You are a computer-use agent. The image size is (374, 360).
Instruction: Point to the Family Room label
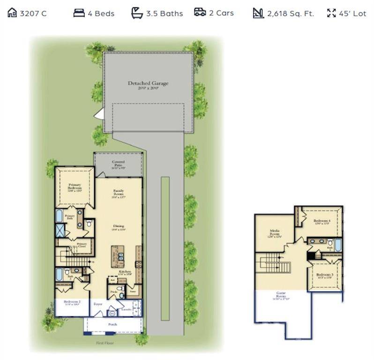tap(118, 193)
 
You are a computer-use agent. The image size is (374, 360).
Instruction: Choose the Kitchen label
tap(124, 272)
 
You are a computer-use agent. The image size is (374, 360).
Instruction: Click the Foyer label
tap(98, 304)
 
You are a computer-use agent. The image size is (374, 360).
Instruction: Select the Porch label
tap(112, 324)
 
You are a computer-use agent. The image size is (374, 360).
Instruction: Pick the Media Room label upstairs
tap(275, 233)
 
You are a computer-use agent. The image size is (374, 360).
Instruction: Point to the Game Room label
tap(282, 294)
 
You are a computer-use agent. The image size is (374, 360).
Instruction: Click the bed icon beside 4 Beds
tap(79, 13)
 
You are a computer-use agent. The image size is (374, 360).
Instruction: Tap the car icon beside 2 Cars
tap(200, 12)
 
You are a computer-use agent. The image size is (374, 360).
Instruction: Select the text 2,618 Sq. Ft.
tap(291, 14)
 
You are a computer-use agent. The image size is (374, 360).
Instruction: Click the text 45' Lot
tap(353, 14)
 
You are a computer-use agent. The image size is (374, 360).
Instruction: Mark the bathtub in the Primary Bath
tap(59, 215)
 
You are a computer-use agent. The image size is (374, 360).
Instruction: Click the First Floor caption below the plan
tap(105, 343)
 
